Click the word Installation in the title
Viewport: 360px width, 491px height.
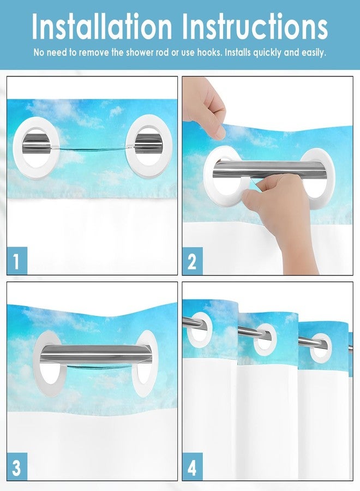[102, 26]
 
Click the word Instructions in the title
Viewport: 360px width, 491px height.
[255, 26]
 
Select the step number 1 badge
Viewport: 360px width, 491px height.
[17, 261]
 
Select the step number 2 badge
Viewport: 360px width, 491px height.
[192, 261]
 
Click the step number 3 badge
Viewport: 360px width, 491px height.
[17, 466]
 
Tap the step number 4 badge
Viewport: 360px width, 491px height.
[192, 466]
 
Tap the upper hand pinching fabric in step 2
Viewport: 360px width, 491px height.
[204, 108]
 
